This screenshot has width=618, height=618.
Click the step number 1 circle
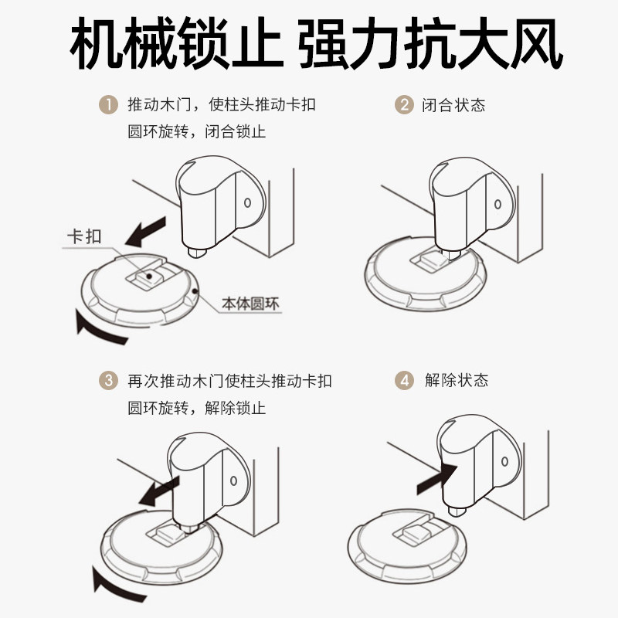[x=107, y=105]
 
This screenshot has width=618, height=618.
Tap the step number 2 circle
[x=403, y=105]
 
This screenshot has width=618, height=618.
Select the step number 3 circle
[x=107, y=381]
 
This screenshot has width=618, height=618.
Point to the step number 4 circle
[x=403, y=381]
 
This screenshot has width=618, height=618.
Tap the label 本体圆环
[x=250, y=304]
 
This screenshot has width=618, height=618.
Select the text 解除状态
[x=456, y=381]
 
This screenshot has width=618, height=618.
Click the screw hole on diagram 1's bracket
[x=247, y=204]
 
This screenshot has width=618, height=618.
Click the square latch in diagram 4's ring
[x=417, y=531]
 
